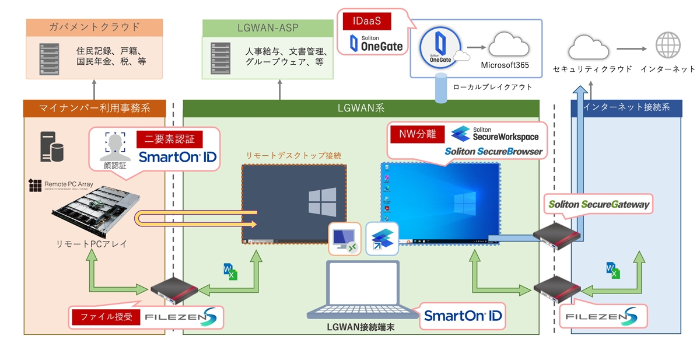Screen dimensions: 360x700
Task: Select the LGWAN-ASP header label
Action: point(268,27)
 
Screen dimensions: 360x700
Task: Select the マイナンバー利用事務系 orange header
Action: point(94,108)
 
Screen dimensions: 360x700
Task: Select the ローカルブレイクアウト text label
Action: point(492,87)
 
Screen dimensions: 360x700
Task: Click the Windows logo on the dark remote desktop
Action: point(322,202)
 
